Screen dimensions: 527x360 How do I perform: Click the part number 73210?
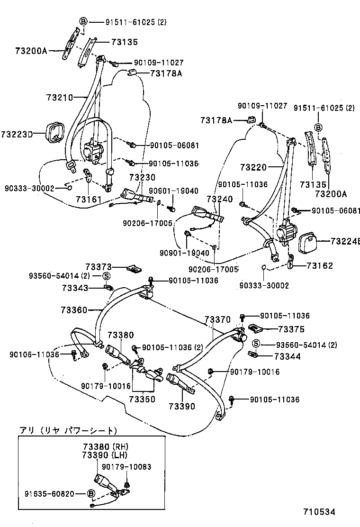pyautogui.click(x=60, y=98)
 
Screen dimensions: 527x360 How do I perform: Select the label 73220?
pyautogui.click(x=253, y=167)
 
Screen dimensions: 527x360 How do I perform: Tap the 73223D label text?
pyautogui.click(x=17, y=134)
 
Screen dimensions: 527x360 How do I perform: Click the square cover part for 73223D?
pyautogui.click(x=55, y=131)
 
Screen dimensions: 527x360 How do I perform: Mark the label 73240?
pyautogui.click(x=219, y=200)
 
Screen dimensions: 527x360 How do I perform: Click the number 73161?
pyautogui.click(x=89, y=200)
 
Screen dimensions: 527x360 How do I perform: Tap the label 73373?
pyautogui.click(x=99, y=268)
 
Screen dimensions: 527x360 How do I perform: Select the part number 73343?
pyautogui.click(x=75, y=288)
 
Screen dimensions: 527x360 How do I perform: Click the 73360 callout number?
pyautogui.click(x=74, y=310)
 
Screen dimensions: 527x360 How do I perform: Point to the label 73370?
pyautogui.click(x=218, y=320)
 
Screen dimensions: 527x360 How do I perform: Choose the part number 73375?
pyautogui.click(x=291, y=329)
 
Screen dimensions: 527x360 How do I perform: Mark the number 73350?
pyautogui.click(x=142, y=400)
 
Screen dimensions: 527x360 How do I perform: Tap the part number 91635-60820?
pyautogui.click(x=49, y=494)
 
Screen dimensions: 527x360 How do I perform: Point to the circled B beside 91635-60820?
pyautogui.click(x=91, y=494)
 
